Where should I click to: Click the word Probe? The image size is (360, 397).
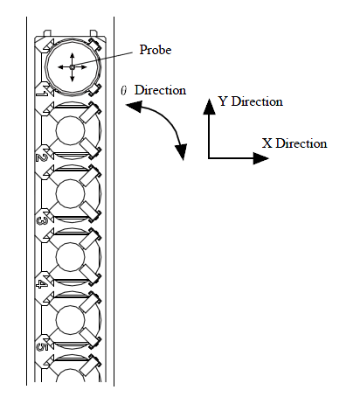pyautogui.click(x=156, y=50)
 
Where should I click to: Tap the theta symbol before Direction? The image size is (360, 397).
pyautogui.click(x=123, y=91)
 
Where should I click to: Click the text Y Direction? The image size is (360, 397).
pyautogui.click(x=251, y=101)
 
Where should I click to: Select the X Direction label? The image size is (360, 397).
pyautogui.click(x=294, y=143)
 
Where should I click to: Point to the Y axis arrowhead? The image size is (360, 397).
pyautogui.click(x=209, y=107)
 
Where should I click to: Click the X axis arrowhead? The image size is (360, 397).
pyautogui.click(x=260, y=158)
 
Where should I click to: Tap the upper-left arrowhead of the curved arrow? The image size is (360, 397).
pyautogui.click(x=134, y=107)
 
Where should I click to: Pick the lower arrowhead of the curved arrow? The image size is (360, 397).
pyautogui.click(x=181, y=151)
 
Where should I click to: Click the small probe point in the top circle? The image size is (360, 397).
pyautogui.click(x=73, y=67)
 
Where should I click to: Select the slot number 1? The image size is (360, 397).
pyautogui.click(x=41, y=94)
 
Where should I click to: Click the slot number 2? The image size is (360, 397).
pyautogui.click(x=41, y=157)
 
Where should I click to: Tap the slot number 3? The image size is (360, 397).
pyautogui.click(x=41, y=220)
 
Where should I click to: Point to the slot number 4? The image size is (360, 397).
pyautogui.click(x=41, y=283)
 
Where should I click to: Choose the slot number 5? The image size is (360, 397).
pyautogui.click(x=41, y=346)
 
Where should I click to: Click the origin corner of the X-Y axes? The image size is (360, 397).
pyautogui.click(x=209, y=158)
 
